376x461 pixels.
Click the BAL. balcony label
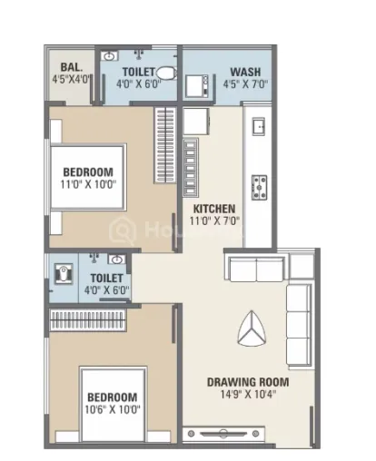coord(72,67)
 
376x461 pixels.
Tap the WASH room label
coord(245,72)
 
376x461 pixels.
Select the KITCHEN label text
coord(214,209)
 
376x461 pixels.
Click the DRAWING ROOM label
coord(248,382)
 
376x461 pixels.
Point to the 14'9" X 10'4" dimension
coord(248,395)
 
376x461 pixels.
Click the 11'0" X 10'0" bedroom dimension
coord(88,184)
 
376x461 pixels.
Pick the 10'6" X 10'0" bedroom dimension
coord(113,409)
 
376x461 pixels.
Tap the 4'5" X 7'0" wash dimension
coord(245,84)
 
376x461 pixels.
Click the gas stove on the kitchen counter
coord(259,188)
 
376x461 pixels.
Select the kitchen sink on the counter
coord(259,126)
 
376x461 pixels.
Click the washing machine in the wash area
coord(197,86)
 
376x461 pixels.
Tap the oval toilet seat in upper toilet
coord(167,74)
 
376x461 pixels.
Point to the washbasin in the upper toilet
coord(109,56)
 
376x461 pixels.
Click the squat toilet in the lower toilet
coord(64,273)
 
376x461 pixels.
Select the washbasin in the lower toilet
coord(117,260)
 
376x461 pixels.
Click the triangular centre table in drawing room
coord(252,329)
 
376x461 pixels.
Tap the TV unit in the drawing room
coord(223,434)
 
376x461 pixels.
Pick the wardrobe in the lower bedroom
coord(87,320)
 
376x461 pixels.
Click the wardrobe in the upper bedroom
coord(165,145)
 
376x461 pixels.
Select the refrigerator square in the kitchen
coord(196,122)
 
